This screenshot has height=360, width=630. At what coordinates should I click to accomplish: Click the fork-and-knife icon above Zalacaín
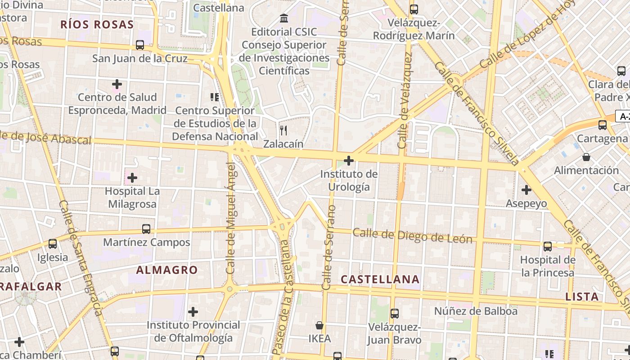[283, 130]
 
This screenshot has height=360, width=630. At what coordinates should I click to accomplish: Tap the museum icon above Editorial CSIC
[284, 18]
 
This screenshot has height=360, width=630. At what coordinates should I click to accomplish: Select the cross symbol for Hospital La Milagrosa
[132, 178]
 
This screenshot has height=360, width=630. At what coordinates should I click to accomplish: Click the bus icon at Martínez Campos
[146, 229]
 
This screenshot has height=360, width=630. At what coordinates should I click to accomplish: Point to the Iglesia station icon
[53, 244]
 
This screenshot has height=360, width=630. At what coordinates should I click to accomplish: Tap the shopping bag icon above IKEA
[319, 325]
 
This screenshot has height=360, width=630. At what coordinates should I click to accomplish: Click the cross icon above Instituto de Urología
[349, 160]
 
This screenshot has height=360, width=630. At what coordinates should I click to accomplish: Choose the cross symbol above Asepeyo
[526, 190]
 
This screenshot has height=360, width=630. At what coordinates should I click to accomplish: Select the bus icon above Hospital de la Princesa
[548, 246]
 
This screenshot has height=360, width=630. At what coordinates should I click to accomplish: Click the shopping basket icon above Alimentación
[586, 157]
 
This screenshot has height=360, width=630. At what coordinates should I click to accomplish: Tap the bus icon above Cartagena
[603, 125]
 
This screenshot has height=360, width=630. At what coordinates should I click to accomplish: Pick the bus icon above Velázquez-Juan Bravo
[395, 313]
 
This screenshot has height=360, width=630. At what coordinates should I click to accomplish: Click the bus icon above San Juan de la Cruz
[140, 45]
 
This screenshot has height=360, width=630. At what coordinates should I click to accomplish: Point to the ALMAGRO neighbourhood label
[167, 270]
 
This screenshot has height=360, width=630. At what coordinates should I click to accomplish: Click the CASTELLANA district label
[380, 279]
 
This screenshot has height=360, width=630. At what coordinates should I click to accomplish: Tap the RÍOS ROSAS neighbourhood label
[97, 24]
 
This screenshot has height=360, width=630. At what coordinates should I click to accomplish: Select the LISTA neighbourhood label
[582, 297]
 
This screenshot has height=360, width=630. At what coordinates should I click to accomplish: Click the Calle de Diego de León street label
[413, 236]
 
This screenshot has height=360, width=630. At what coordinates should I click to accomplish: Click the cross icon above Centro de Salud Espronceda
[117, 84]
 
